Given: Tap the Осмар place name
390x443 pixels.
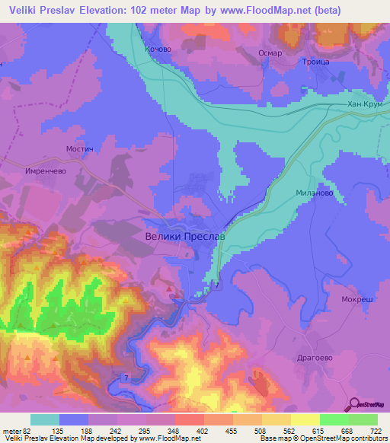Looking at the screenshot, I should (x=270, y=53).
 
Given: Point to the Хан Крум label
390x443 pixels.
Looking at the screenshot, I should (x=363, y=104).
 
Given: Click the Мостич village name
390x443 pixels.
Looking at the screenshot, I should (x=79, y=150).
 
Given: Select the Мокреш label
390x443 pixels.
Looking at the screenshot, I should (x=356, y=300).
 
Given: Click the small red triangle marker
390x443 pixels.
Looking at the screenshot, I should (x=169, y=289).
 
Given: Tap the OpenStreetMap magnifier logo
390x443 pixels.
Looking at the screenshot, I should (x=354, y=406).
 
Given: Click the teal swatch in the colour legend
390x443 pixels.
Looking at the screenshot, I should (x=45, y=419).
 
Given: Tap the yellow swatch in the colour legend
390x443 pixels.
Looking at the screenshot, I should (x=305, y=419).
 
